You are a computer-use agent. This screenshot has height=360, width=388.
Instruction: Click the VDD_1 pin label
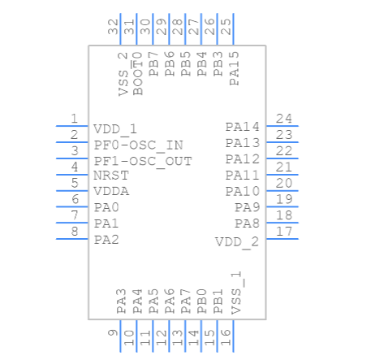115,129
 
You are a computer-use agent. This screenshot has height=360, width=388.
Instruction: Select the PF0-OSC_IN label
138,145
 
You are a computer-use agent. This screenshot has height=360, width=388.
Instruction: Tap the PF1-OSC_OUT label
143,161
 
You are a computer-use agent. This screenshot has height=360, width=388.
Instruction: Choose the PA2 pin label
106,239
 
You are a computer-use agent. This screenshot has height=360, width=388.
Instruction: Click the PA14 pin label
243,127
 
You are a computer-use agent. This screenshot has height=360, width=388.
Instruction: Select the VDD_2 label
237,242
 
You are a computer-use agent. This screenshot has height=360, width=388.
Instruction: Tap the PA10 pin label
243,192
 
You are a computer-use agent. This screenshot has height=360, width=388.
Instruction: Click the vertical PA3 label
121,301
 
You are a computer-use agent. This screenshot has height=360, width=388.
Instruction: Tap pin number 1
74,119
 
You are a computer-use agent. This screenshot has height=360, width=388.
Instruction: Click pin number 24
283,119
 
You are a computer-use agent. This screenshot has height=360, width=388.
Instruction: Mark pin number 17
283,232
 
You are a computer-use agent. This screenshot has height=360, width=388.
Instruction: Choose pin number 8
74,232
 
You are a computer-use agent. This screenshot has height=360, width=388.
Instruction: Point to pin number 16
226,333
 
